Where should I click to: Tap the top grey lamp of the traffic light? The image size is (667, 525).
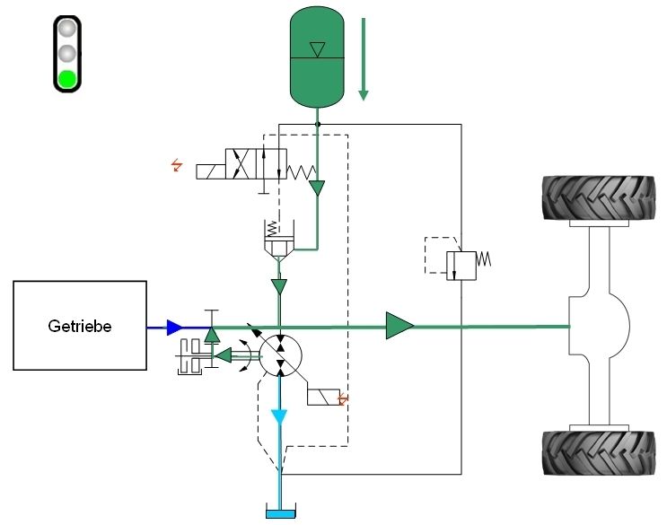(68, 29)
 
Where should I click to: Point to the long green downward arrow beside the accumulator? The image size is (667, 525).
(364, 58)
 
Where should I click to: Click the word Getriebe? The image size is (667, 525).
(80, 326)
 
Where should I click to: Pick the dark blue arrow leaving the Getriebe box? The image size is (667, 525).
(173, 328)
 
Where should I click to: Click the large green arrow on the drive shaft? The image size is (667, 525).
(399, 327)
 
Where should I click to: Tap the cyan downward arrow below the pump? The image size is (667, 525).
(279, 418)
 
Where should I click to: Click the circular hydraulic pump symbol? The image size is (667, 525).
(279, 354)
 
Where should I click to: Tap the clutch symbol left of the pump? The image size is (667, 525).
(191, 356)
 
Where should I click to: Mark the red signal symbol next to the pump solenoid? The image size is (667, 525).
(340, 398)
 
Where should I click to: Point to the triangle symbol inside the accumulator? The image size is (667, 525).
(316, 48)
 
